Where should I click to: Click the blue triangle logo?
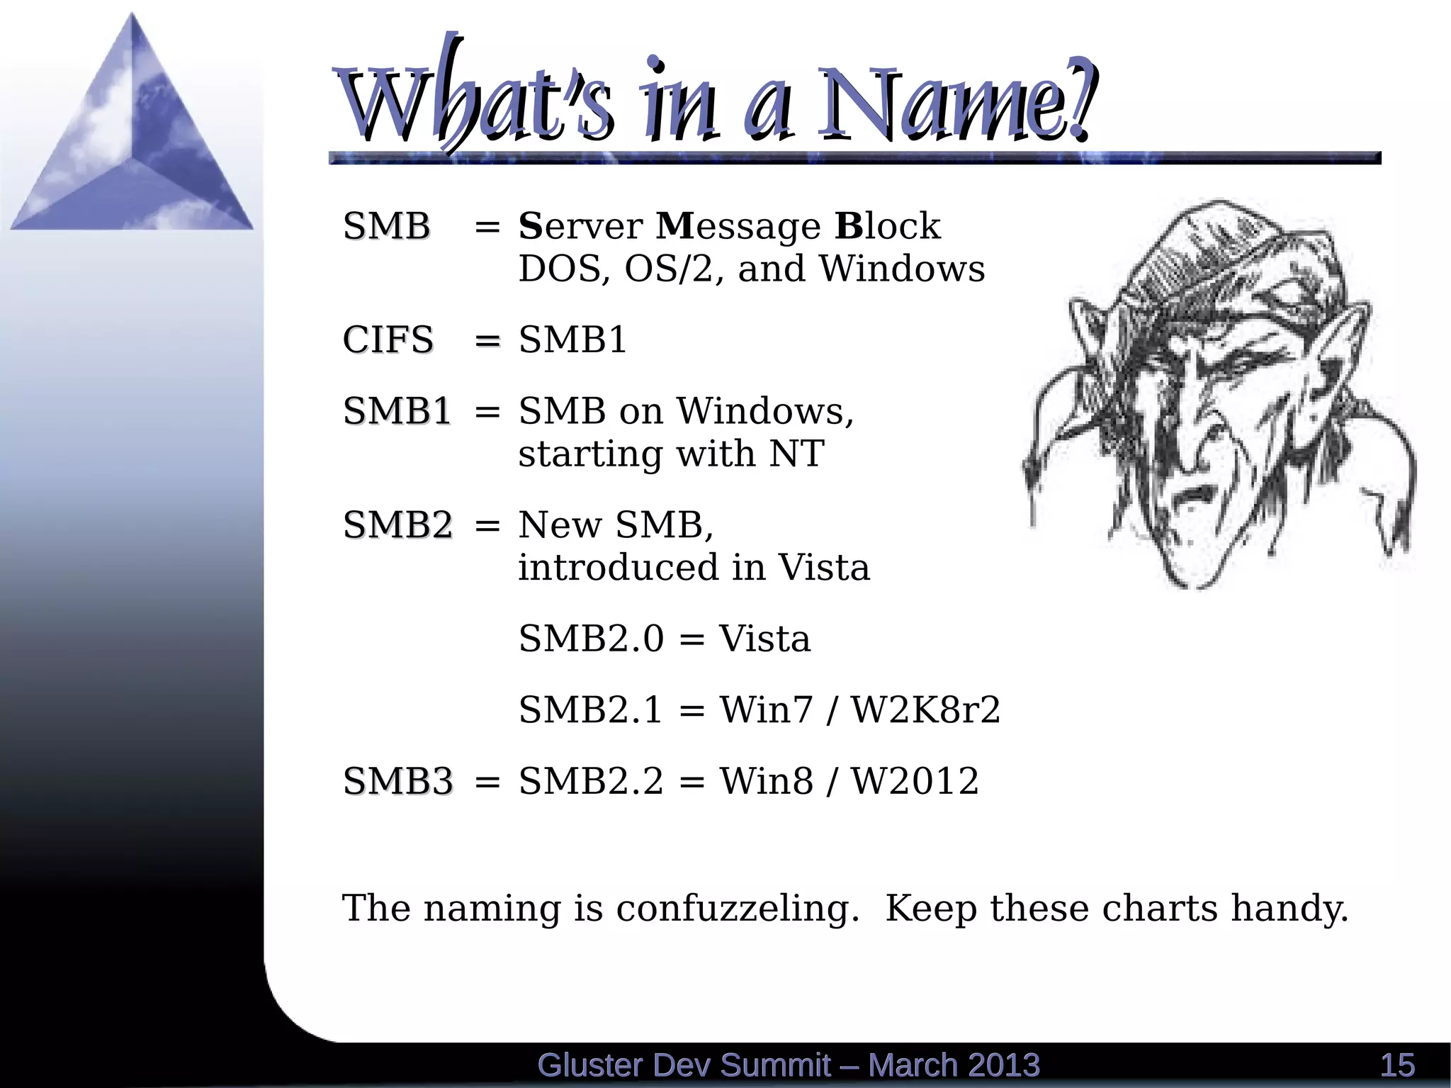pyautogui.click(x=132, y=135)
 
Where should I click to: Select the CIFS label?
pyautogui.click(x=388, y=340)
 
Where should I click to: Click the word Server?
pyautogui.click(x=580, y=227)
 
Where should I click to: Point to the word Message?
pyautogui.click(x=738, y=227)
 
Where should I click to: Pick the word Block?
pyautogui.click(x=887, y=227)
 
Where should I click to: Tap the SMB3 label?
pyautogui.click(x=397, y=781)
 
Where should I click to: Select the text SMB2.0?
pyautogui.click(x=591, y=639)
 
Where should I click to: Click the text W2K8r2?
pyautogui.click(x=925, y=710)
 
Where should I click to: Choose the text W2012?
pyautogui.click(x=915, y=781)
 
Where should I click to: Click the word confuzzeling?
pyautogui.click(x=738, y=909)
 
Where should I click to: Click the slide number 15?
pyautogui.click(x=1397, y=1065)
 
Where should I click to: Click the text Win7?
pyautogui.click(x=766, y=710)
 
